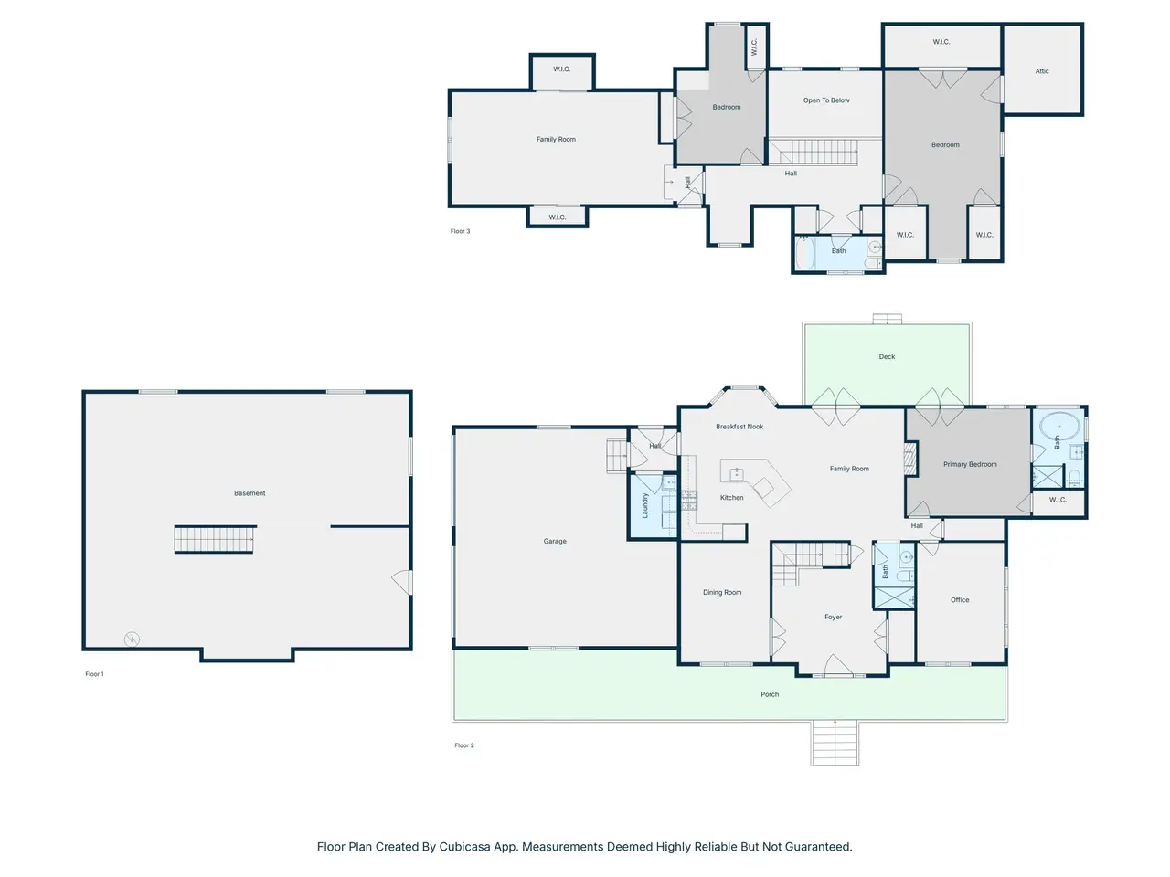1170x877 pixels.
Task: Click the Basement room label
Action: (x=250, y=493)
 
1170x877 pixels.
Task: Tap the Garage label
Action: (x=555, y=541)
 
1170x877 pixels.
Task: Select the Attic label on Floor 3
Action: (x=1042, y=71)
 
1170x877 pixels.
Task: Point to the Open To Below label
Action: (x=826, y=100)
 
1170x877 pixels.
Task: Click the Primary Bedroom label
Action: (x=970, y=464)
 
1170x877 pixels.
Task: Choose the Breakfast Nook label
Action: (x=739, y=427)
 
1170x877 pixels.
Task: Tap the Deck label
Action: (x=887, y=357)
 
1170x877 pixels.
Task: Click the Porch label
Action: (x=770, y=694)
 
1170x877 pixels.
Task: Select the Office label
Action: (x=960, y=600)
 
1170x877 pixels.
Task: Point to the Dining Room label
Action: (x=722, y=592)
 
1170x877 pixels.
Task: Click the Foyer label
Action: (x=833, y=618)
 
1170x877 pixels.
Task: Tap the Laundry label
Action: (x=645, y=505)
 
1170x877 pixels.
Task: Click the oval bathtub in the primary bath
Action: (x=1059, y=427)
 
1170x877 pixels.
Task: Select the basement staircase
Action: (x=214, y=539)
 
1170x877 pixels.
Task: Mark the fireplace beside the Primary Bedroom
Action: (x=910, y=459)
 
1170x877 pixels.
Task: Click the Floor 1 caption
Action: (x=94, y=674)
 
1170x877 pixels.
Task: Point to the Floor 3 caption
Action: (x=460, y=231)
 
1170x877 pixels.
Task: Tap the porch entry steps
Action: (x=835, y=743)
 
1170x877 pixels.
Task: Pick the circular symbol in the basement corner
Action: (x=132, y=639)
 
